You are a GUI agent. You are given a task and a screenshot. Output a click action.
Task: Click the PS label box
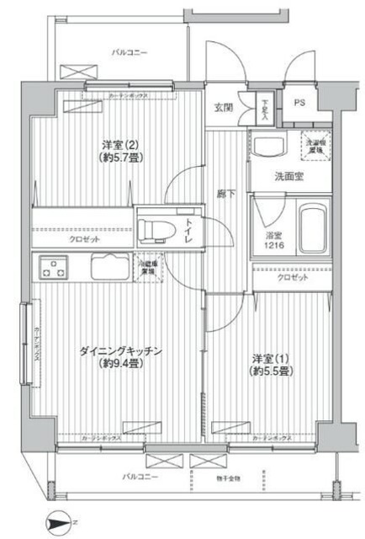point(299,102)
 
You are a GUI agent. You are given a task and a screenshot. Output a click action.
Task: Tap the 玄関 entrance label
point(223,107)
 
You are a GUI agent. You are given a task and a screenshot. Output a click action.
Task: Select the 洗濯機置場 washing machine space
point(315,145)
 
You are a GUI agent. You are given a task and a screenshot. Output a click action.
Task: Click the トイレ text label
point(190,228)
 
